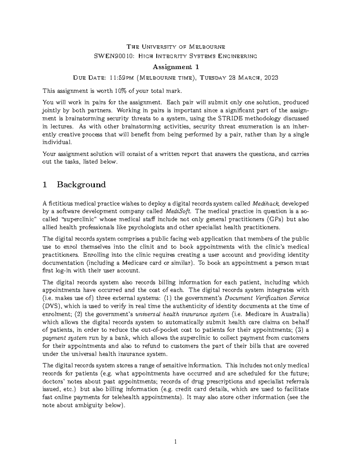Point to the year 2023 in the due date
point(271,78)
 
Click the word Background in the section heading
point(81,184)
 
